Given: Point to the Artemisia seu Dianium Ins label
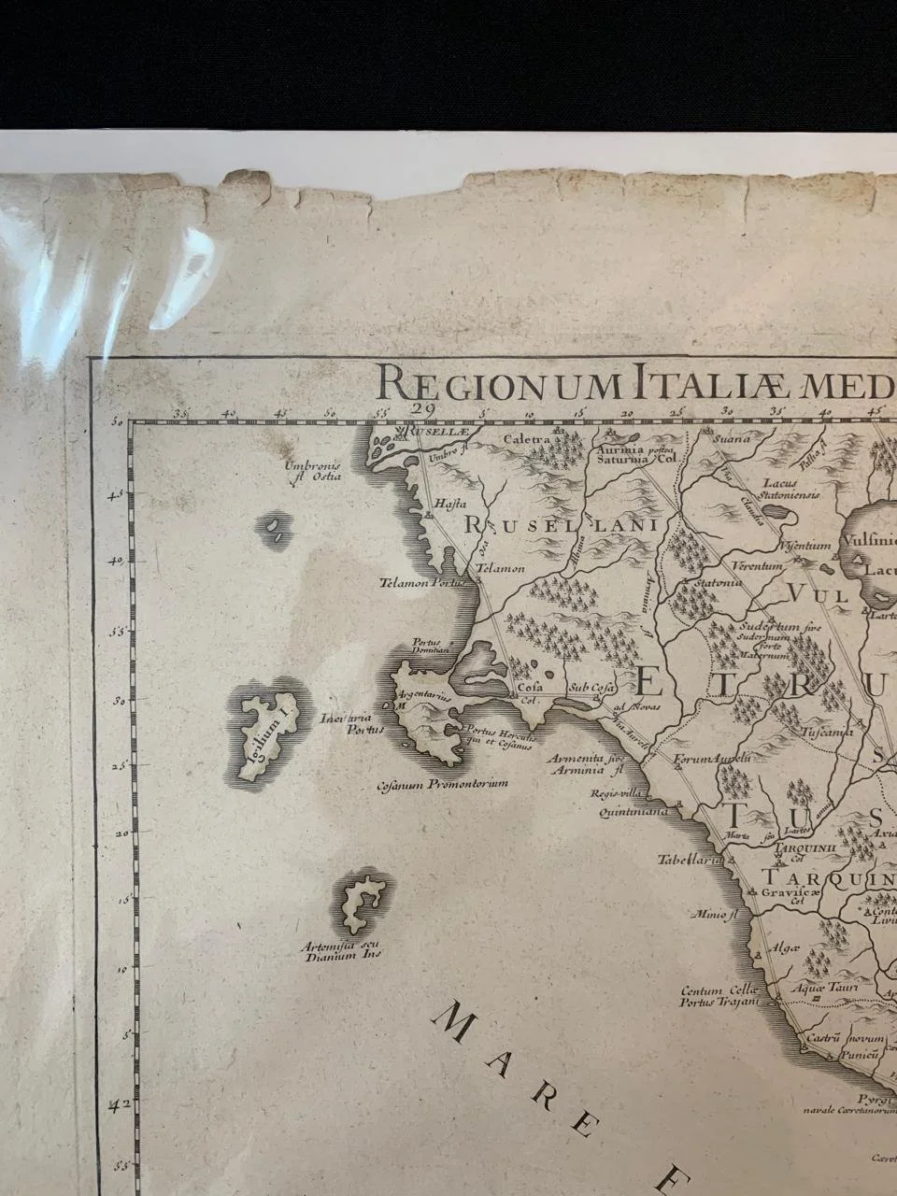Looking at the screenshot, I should pos(335,951).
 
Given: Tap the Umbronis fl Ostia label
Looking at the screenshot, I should pos(315,471).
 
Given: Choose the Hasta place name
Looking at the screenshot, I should pos(444,505).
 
